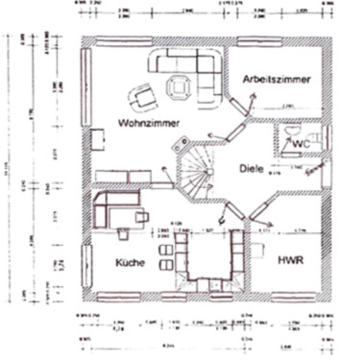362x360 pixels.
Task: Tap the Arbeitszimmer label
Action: click(277, 81)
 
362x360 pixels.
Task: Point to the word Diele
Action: click(253, 169)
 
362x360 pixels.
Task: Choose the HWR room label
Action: click(291, 260)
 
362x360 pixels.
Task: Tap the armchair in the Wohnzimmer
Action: click(142, 94)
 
